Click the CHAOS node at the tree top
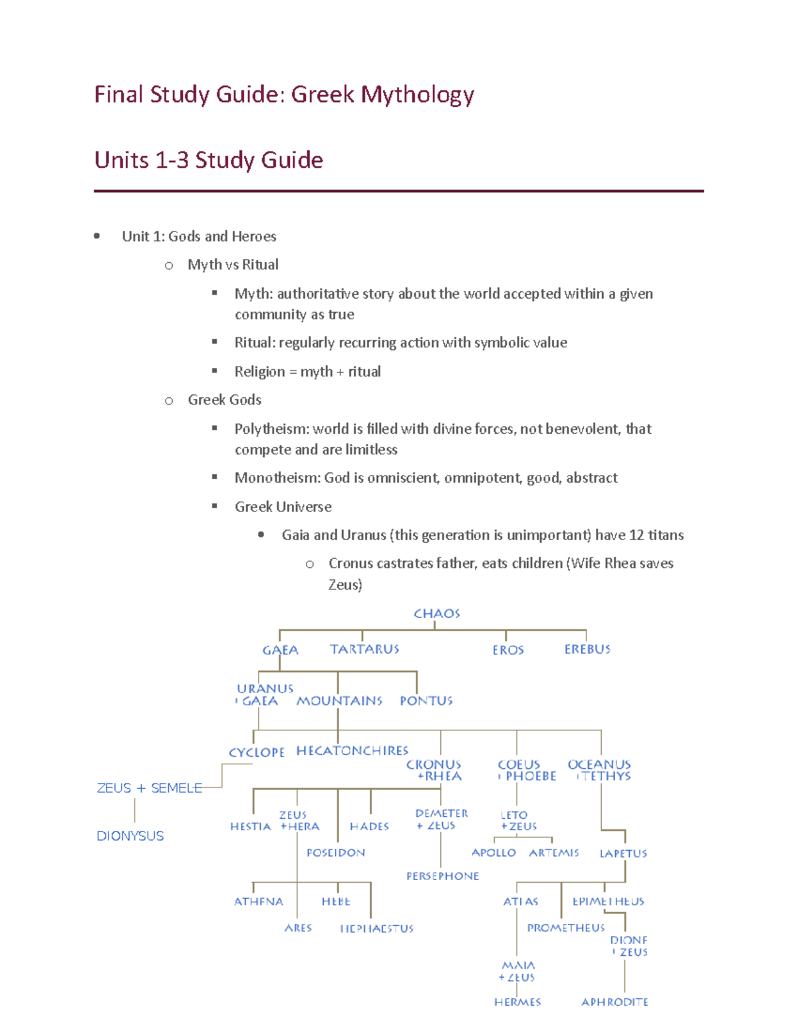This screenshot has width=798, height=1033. (436, 613)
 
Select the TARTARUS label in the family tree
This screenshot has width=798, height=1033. (364, 649)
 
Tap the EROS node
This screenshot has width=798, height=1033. (508, 650)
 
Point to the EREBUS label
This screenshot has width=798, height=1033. (587, 649)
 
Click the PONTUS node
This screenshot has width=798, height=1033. (426, 701)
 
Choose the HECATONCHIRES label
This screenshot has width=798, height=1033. (352, 751)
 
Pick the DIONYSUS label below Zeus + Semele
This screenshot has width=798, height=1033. (130, 836)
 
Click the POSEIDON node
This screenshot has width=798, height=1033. (336, 853)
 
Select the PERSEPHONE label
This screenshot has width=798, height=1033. (443, 877)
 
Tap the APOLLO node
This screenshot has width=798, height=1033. (493, 853)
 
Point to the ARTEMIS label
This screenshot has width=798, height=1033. (554, 853)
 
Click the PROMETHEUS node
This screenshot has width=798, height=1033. (566, 928)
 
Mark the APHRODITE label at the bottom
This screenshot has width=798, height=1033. (614, 1002)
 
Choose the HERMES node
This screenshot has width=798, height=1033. (517, 1002)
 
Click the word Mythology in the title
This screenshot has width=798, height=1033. (418, 95)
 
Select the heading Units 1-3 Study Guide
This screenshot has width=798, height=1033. (209, 160)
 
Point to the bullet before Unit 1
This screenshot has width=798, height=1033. (97, 236)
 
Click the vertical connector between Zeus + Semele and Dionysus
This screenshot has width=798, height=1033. (135, 811)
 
